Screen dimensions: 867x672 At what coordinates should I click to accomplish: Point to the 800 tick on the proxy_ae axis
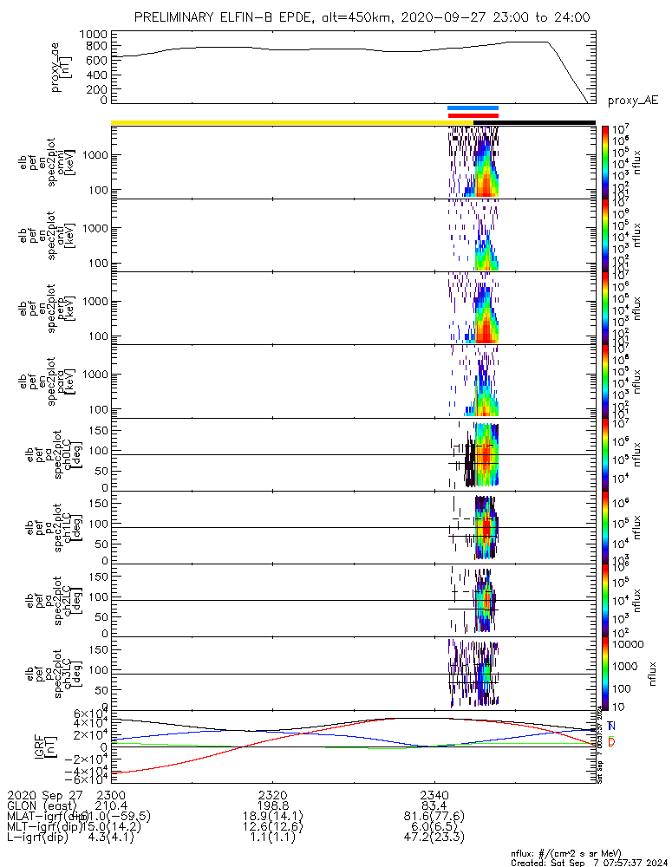point(95,46)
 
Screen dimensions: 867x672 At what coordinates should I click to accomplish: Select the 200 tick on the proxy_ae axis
point(95,87)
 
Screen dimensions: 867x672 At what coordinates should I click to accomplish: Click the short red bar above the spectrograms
point(473,115)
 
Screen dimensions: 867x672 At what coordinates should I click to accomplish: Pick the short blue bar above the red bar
point(473,108)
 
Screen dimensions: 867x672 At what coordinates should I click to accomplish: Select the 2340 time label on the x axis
point(434,794)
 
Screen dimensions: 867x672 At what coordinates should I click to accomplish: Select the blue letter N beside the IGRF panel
point(611,726)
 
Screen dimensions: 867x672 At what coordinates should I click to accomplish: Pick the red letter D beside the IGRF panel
point(611,742)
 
